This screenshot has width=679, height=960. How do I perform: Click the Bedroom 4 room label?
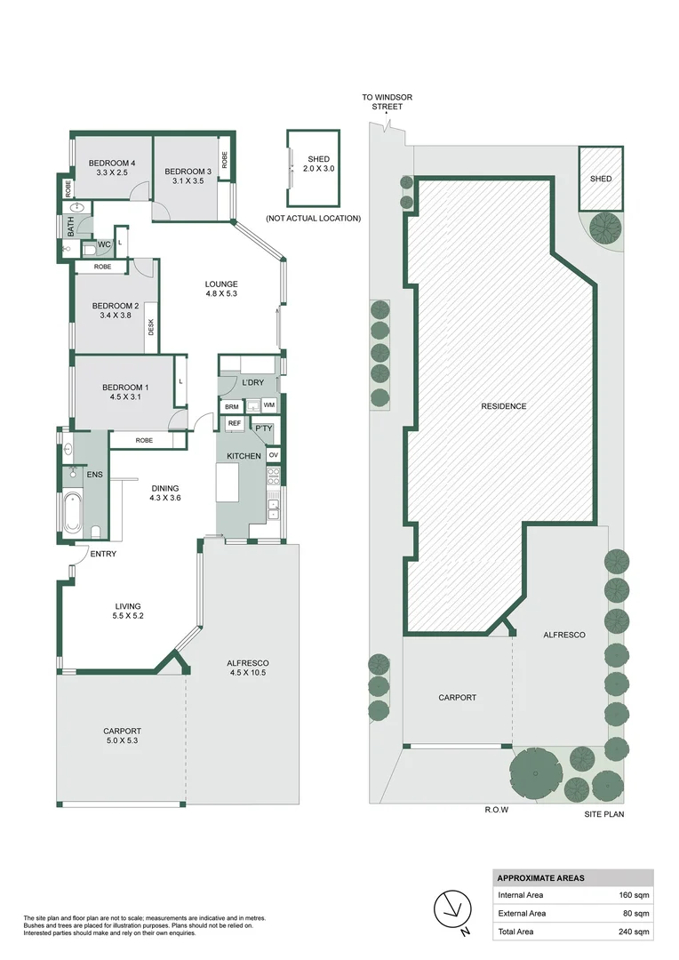111,163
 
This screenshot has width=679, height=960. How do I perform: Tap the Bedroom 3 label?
188,171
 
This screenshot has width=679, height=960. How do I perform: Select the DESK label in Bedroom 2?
151,328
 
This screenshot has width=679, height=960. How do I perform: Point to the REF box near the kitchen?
235,423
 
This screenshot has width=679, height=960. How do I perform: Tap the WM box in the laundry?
268,405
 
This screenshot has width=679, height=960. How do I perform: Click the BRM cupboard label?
232,406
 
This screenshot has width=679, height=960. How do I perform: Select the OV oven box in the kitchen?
273,455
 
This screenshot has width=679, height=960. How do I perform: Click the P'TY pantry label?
263,428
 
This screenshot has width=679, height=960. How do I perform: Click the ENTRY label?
103,554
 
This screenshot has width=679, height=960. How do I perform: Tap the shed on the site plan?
601,179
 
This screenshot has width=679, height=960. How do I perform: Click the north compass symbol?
451,908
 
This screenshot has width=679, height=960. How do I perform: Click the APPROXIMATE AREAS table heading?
540,877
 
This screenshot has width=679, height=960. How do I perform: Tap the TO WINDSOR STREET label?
387,101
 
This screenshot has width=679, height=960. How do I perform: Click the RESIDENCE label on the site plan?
504,406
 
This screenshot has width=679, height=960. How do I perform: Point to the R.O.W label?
495,810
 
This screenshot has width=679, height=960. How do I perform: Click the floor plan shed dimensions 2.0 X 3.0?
318,168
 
